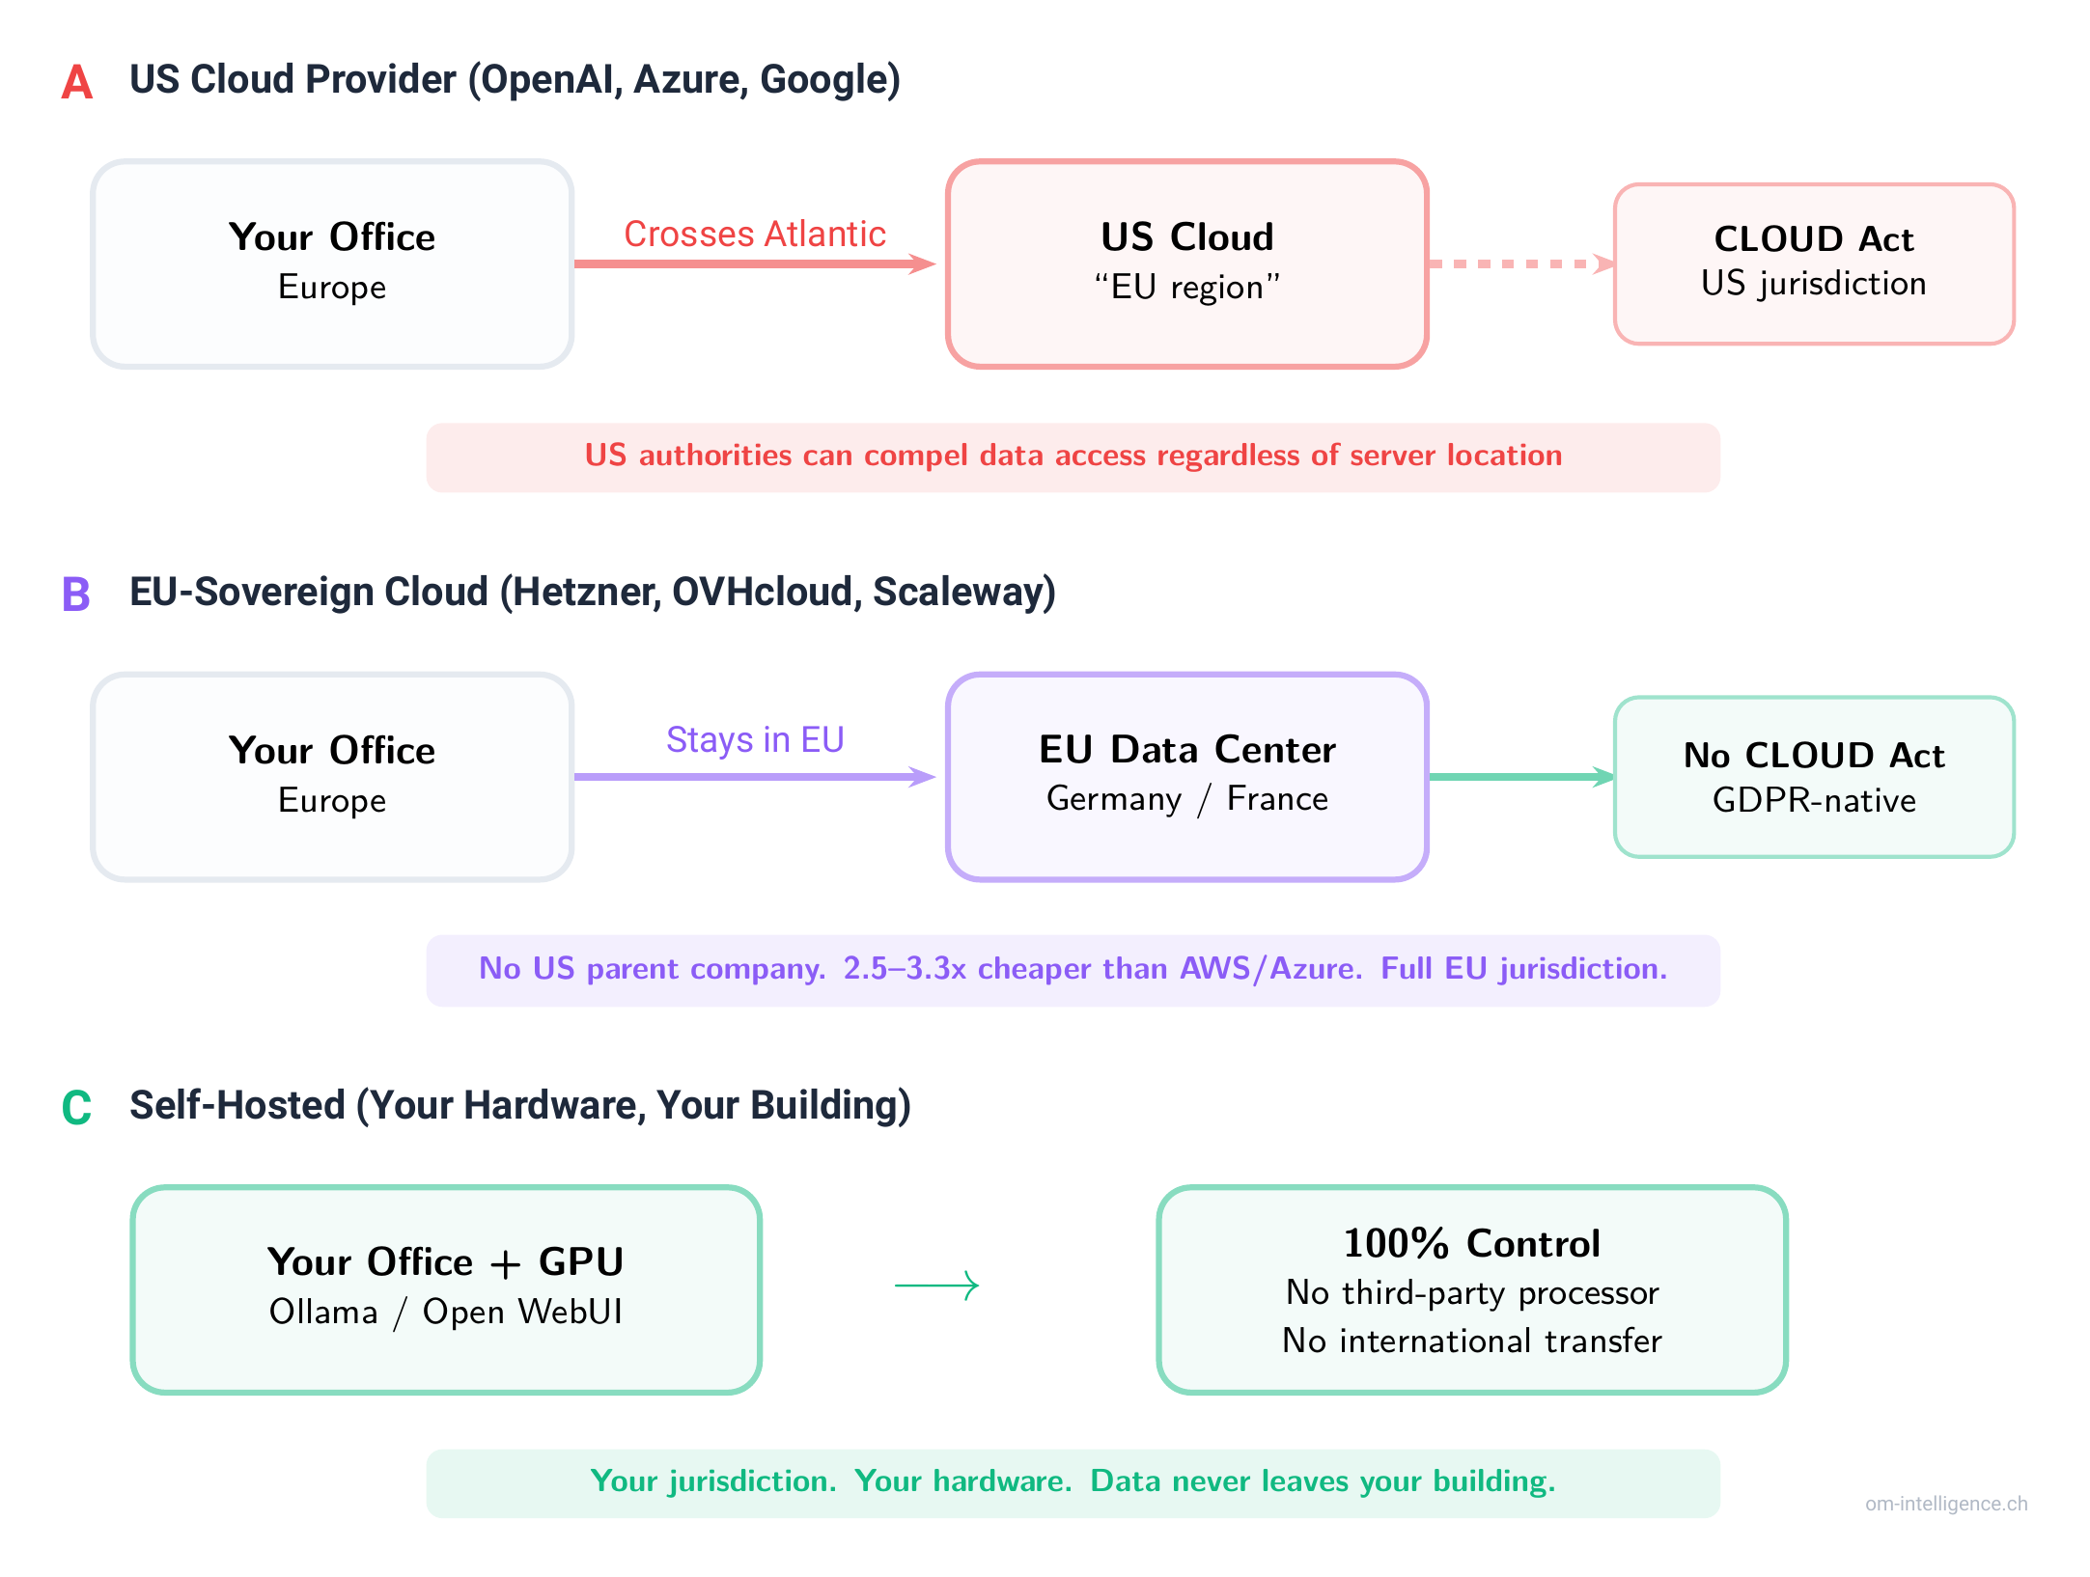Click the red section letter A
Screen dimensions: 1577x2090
click(x=76, y=82)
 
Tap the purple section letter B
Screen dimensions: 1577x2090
click(x=75, y=595)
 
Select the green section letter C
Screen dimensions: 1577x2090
click(x=76, y=1108)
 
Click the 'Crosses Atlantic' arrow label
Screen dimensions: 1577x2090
click(x=754, y=235)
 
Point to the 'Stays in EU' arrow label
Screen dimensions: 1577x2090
click(x=754, y=740)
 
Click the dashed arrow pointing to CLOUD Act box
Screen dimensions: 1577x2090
click(x=1519, y=263)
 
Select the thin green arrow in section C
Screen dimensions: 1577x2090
click(x=936, y=1286)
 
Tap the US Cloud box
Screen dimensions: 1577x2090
click(x=1186, y=263)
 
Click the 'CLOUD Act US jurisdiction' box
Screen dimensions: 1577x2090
click(x=1813, y=263)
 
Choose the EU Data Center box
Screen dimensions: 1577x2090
click(x=1186, y=777)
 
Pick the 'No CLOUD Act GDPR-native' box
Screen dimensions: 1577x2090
click(x=1813, y=777)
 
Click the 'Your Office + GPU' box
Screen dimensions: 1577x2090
click(x=446, y=1289)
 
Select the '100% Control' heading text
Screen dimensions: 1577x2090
click(x=1471, y=1243)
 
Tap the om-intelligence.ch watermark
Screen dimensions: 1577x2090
click(x=1945, y=1504)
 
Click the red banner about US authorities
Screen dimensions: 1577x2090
click(x=1073, y=456)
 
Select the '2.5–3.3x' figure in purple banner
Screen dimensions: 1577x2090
click(x=905, y=969)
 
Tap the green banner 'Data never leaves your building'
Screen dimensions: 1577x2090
click(x=1073, y=1482)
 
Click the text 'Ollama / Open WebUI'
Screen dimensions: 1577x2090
click(x=446, y=1313)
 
